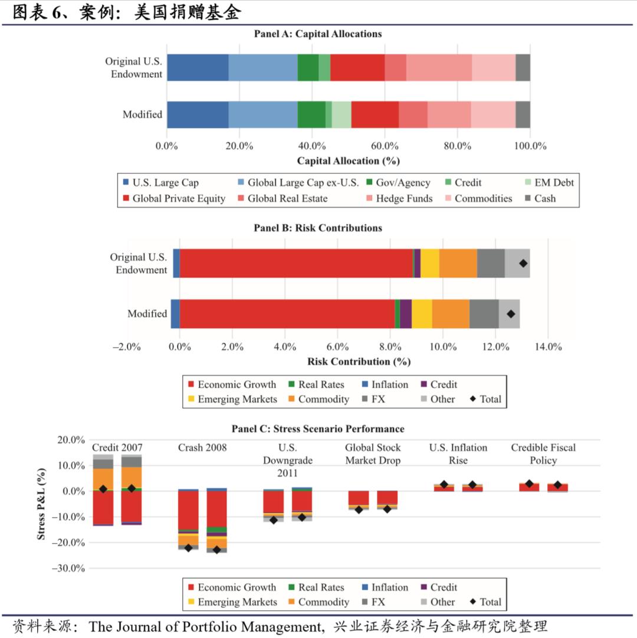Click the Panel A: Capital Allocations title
coord(318,34)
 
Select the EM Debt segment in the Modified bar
coord(342,114)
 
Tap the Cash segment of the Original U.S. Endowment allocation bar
coord(523,67)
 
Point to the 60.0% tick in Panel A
coord(385,146)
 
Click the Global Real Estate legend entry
coord(287,198)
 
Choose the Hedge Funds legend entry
coord(404,198)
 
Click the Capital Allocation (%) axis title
coord(348,161)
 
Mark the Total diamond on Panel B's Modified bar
coord(511,314)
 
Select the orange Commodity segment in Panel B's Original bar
coord(458,263)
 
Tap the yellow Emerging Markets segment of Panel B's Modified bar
coord(422,314)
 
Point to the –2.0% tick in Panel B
coord(126,347)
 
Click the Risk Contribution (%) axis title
coord(359,361)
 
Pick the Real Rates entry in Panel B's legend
coord(321,384)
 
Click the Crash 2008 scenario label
coord(202,447)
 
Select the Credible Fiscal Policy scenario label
coord(543,454)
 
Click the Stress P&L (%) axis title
coord(41,504)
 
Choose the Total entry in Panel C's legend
coord(490,602)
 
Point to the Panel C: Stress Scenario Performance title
coord(318,428)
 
